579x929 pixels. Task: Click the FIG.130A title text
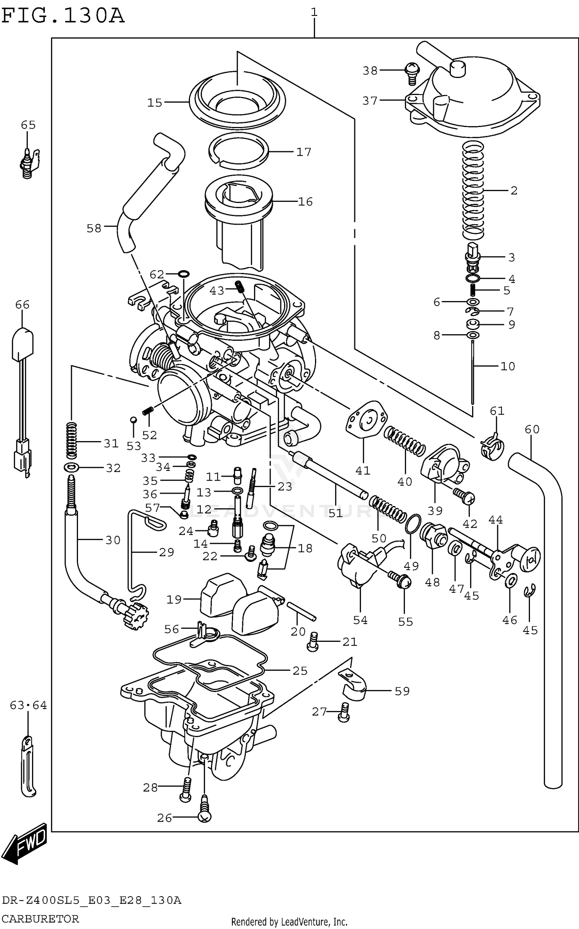coord(63,16)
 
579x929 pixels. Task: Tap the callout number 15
coord(155,103)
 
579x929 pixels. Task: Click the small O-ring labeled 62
coord(184,274)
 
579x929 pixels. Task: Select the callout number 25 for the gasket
coord(300,671)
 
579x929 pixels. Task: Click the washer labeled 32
coord(72,468)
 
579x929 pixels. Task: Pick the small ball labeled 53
coord(133,420)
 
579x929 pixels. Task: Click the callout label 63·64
coord(28,706)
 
